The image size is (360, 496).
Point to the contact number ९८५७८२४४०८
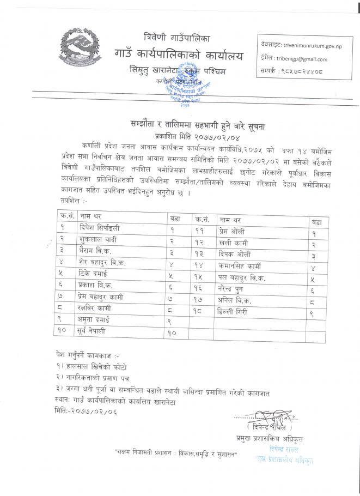coord(307,71)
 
